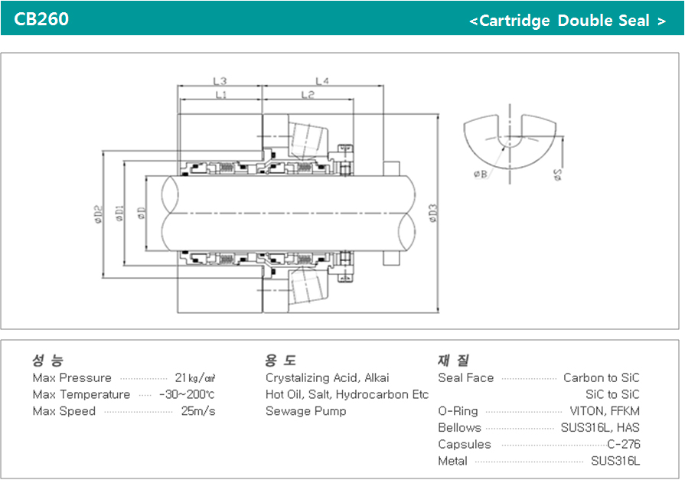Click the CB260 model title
(41, 19)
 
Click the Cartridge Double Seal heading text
(567, 21)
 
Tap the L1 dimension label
(220, 95)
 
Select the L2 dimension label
(308, 95)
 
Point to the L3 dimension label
(220, 80)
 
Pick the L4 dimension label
(321, 80)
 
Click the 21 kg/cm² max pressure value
(195, 378)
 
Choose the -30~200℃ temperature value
(187, 395)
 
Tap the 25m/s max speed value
(197, 412)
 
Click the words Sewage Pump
(305, 412)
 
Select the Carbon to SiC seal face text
(601, 378)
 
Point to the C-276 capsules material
(623, 445)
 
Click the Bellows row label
(459, 428)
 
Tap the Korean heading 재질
(453, 360)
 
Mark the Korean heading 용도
(281, 360)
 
